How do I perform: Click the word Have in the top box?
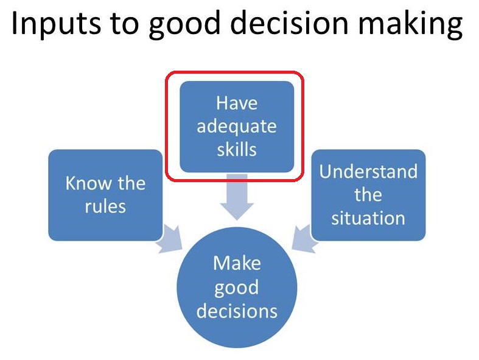237,103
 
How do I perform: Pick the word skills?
237,150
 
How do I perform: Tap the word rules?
105,206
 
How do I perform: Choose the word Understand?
368,171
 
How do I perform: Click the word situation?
368,218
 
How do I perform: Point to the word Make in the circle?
237,263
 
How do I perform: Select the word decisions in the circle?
237,311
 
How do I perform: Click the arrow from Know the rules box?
170,239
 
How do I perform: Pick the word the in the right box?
368,194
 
